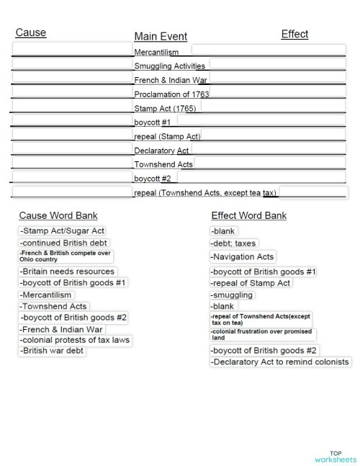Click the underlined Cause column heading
(x=31, y=32)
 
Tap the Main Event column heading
(x=161, y=37)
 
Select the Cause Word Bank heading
(x=58, y=215)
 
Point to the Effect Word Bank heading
(x=249, y=215)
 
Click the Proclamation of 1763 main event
(x=171, y=94)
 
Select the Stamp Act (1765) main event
(x=166, y=108)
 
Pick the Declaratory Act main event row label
(x=161, y=151)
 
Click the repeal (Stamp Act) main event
(x=167, y=136)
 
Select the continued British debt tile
(x=64, y=243)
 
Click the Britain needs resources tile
(x=68, y=272)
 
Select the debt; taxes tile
(x=233, y=243)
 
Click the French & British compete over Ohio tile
(x=66, y=256)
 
